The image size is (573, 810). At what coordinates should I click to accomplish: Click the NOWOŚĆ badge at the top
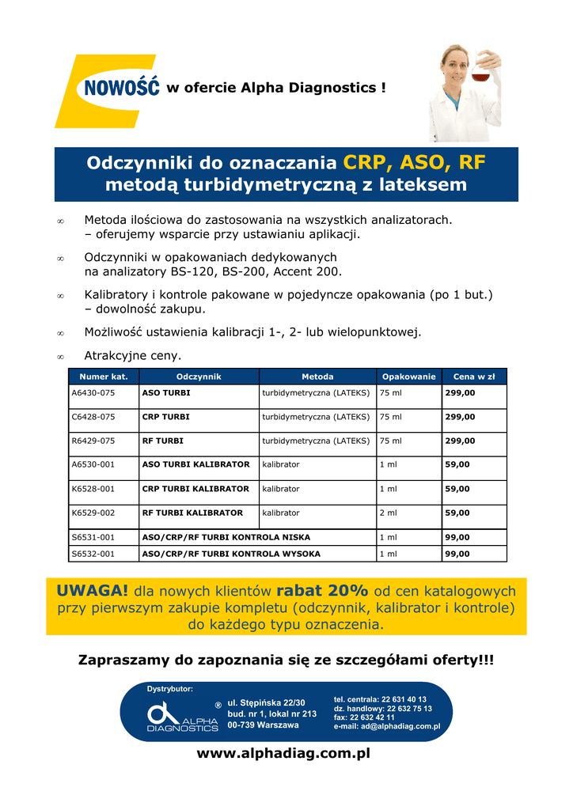pyautogui.click(x=118, y=87)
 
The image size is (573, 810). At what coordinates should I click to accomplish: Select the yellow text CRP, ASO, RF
pyautogui.click(x=414, y=163)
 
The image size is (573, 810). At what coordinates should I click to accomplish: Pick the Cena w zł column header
pyautogui.click(x=474, y=377)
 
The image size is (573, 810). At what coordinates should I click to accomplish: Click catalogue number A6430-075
pyautogui.click(x=93, y=392)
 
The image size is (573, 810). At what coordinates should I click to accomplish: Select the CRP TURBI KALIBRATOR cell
pyautogui.click(x=195, y=489)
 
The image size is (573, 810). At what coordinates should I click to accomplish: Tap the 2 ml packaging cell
pyautogui.click(x=389, y=513)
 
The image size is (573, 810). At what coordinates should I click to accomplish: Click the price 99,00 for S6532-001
pyautogui.click(x=457, y=554)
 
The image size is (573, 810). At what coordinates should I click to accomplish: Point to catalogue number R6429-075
pyautogui.click(x=93, y=441)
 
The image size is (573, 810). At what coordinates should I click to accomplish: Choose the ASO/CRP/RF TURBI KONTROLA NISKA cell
pyautogui.click(x=226, y=537)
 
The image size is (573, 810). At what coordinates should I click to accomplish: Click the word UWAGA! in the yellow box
pyautogui.click(x=93, y=591)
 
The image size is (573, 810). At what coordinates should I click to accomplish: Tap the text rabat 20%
pyautogui.click(x=322, y=591)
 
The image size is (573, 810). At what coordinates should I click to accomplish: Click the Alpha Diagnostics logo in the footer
pyautogui.click(x=183, y=716)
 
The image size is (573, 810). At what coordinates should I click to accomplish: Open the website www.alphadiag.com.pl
pyautogui.click(x=283, y=754)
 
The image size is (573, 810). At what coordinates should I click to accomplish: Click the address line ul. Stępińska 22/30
pyautogui.click(x=266, y=702)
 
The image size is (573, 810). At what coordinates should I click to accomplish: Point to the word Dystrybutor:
pyautogui.click(x=169, y=690)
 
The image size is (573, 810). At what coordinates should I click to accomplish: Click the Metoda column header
pyautogui.click(x=317, y=377)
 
